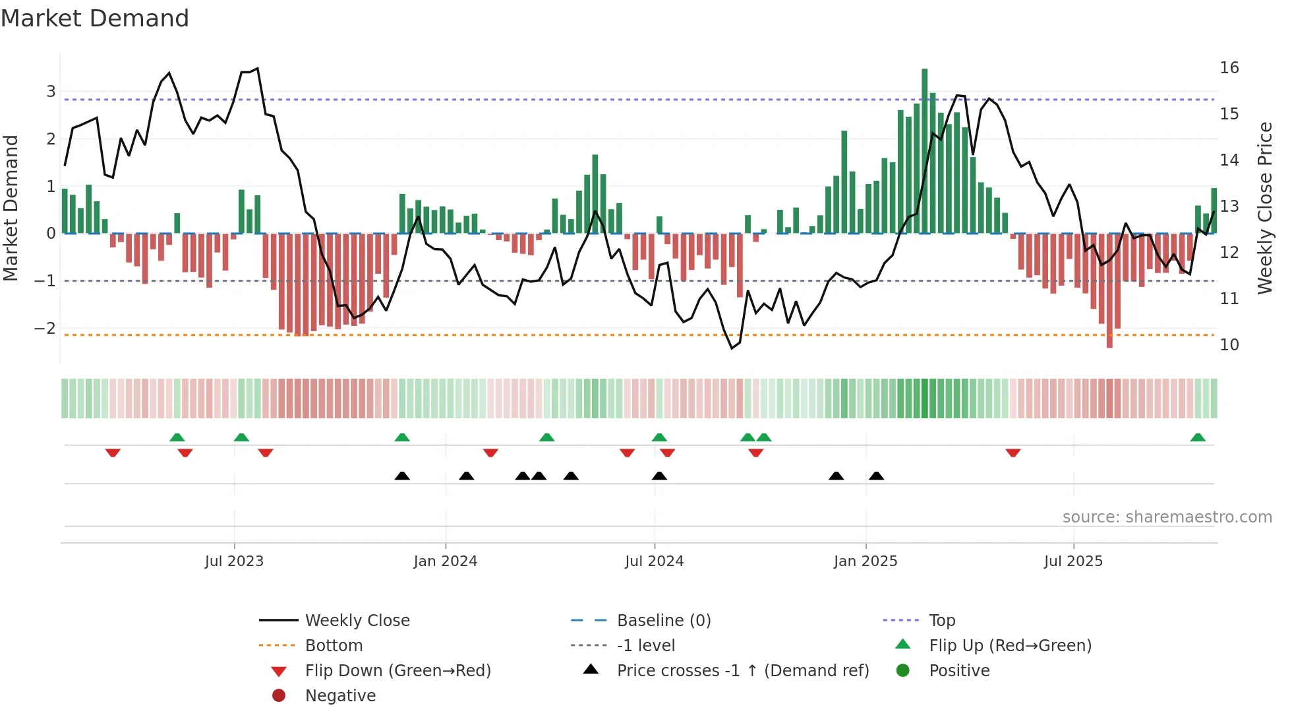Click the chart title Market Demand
(95, 18)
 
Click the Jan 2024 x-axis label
(445, 561)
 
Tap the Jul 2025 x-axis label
(1072, 561)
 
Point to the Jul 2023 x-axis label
(234, 561)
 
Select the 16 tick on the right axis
(1229, 68)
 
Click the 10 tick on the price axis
(1229, 345)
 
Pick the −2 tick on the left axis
(45, 328)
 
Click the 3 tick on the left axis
(51, 92)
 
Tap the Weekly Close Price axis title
(1264, 208)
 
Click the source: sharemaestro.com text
(1167, 517)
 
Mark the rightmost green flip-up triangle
(1198, 437)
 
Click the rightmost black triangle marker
(876, 476)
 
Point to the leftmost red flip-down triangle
(113, 453)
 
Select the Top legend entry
(941, 621)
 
